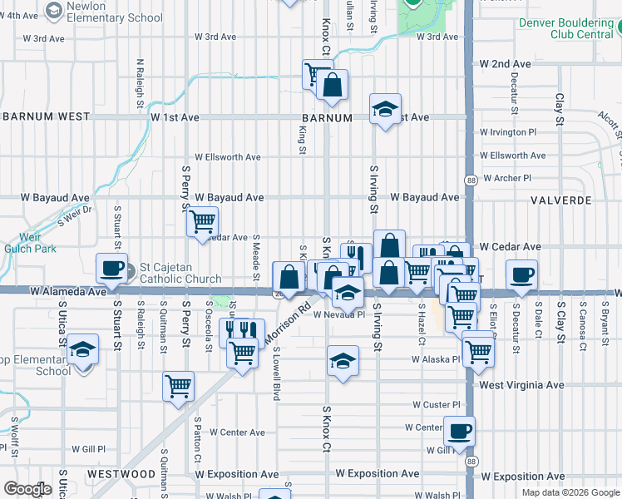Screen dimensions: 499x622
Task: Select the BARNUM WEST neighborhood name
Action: pyautogui.click(x=46, y=117)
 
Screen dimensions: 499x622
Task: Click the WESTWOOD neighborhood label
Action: pyautogui.click(x=121, y=474)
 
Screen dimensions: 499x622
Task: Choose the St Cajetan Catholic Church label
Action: pyautogui.click(x=180, y=273)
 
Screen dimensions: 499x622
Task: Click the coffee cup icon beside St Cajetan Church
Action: pyautogui.click(x=112, y=269)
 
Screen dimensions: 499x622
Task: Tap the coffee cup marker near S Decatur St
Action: pyautogui.click(x=521, y=275)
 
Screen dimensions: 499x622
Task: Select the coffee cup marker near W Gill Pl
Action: pyautogui.click(x=458, y=432)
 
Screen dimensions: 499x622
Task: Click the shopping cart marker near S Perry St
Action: pyautogui.click(x=202, y=222)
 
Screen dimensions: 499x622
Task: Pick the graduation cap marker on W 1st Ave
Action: pyautogui.click(x=385, y=109)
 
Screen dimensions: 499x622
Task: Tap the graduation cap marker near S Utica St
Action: pyautogui.click(x=82, y=350)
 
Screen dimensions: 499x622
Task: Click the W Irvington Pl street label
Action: pyautogui.click(x=514, y=132)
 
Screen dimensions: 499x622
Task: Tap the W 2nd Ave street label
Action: pyautogui.click(x=505, y=64)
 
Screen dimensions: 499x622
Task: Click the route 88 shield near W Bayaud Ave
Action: pyautogui.click(x=471, y=180)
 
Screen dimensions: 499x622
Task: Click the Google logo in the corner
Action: pyautogui.click(x=28, y=489)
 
